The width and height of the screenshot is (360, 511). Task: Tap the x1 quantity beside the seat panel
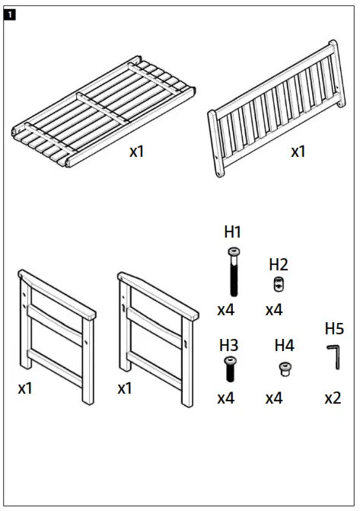pyautogui.click(x=136, y=151)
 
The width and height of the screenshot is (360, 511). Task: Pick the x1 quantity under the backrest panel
pyautogui.click(x=298, y=151)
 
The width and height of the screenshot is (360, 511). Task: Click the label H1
pyautogui.click(x=232, y=232)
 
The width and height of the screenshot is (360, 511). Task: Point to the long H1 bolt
pyautogui.click(x=232, y=271)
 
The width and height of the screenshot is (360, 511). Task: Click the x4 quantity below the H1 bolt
pyautogui.click(x=225, y=310)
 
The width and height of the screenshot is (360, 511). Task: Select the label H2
pyautogui.click(x=279, y=264)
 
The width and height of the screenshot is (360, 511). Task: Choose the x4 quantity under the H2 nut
pyautogui.click(x=274, y=310)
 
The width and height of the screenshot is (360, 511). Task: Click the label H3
pyautogui.click(x=229, y=345)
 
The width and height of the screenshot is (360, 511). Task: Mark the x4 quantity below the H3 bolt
pyautogui.click(x=225, y=398)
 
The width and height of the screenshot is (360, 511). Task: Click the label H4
pyautogui.click(x=284, y=345)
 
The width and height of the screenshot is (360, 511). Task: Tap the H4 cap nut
pyautogui.click(x=283, y=369)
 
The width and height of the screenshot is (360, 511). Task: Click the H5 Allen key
pyautogui.click(x=333, y=356)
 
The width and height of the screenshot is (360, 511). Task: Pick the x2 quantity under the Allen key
pyautogui.click(x=333, y=398)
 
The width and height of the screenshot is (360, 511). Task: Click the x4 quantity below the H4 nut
pyautogui.click(x=274, y=398)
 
